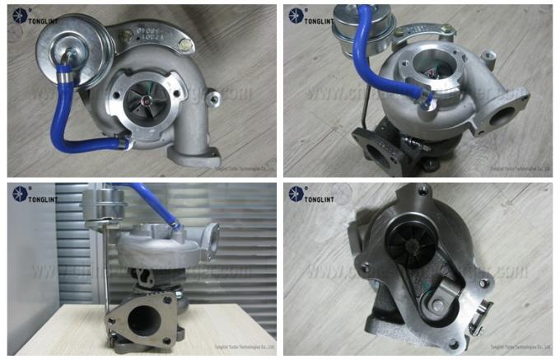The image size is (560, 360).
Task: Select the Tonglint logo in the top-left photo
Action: (35, 17)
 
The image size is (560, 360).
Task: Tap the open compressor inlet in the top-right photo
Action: (434, 76)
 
